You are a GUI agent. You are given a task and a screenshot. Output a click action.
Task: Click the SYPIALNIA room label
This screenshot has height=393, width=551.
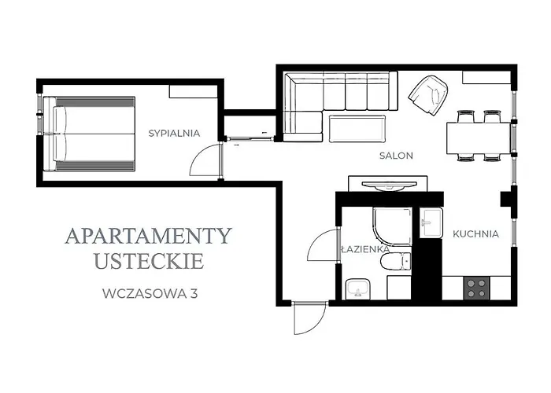click(174, 133)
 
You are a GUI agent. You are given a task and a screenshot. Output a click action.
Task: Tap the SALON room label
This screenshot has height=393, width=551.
click(396, 156)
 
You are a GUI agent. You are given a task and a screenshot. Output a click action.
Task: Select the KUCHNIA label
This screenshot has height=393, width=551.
click(475, 233)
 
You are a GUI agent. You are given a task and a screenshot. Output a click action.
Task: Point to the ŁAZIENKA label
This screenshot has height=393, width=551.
click(364, 249)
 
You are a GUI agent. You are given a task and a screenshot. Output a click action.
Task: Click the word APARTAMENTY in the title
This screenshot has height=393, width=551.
click(148, 235)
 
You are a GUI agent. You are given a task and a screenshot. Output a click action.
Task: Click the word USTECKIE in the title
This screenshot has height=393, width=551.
click(148, 260)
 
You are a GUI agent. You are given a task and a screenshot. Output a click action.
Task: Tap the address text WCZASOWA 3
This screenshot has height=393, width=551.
click(149, 294)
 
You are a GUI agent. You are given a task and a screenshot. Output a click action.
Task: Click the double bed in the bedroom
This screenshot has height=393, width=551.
click(90, 132)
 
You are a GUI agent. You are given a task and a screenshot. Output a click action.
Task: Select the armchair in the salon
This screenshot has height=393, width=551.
click(428, 94)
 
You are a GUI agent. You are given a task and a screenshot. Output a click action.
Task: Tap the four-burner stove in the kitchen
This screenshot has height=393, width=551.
click(475, 288)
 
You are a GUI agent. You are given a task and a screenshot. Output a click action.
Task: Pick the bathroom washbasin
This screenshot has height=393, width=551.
click(358, 288)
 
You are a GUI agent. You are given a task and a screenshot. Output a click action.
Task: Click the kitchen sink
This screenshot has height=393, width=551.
click(431, 222)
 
